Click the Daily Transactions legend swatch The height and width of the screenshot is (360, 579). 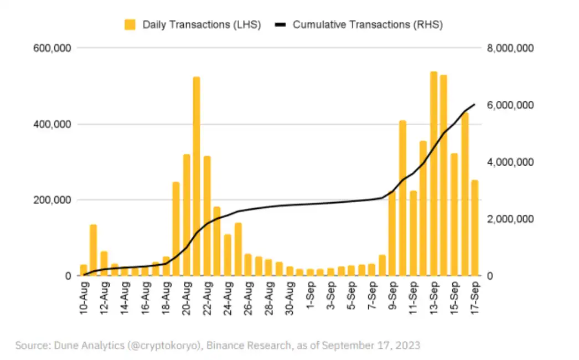[130, 24]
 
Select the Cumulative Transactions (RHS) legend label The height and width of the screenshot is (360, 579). [368, 24]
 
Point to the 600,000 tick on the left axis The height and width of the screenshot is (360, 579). [53, 48]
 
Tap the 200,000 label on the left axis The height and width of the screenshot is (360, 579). [53, 200]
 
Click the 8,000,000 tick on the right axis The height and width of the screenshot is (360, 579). [510, 48]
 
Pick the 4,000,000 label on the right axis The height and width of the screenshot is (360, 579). [510, 162]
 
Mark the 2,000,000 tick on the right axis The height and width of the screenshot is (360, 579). [510, 219]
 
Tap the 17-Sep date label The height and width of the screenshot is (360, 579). [475, 299]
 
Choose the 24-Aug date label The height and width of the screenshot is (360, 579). [228, 299]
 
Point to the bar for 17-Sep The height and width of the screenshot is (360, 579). [475, 228]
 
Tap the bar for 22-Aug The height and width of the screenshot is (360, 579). [207, 216]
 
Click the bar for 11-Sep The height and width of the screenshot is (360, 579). [413, 233]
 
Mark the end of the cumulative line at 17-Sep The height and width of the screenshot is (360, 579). [475, 104]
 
